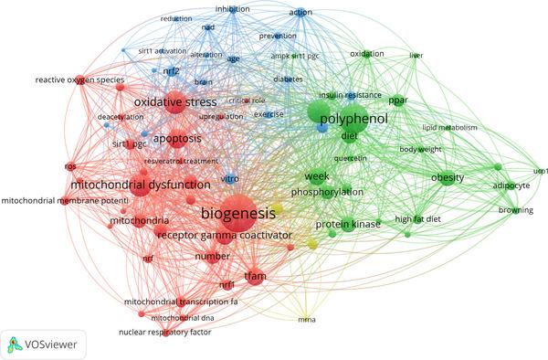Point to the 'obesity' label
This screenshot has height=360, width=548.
[x=449, y=176]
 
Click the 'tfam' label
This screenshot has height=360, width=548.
[x=254, y=273]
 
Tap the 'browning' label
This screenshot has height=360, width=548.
[x=515, y=211]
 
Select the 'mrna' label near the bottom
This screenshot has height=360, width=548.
[x=308, y=320]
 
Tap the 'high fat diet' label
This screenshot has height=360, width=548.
[x=416, y=219]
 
